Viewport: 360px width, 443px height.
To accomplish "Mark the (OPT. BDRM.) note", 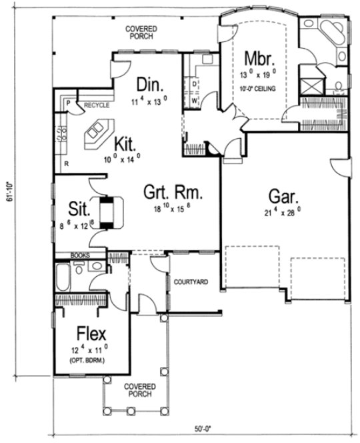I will coord(91,360).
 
